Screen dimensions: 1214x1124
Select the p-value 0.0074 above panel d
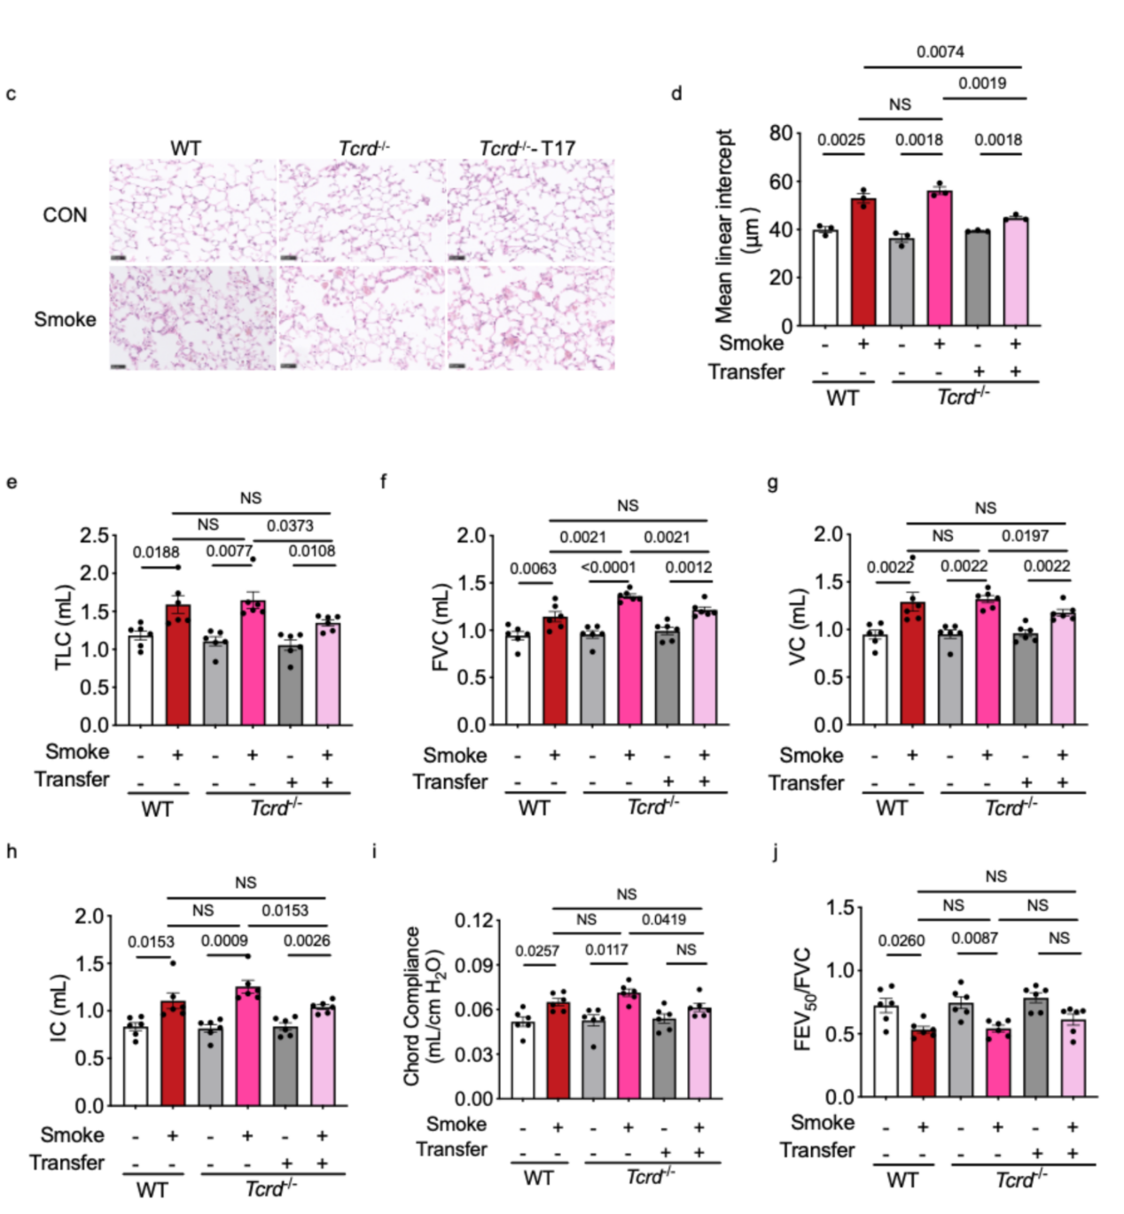[x=940, y=51]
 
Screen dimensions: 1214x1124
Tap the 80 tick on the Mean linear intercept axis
[x=781, y=133]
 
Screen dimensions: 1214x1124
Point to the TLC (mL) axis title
[x=63, y=627]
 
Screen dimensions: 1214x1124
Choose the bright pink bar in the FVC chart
[x=630, y=661]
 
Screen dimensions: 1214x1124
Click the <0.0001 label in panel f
[x=608, y=567]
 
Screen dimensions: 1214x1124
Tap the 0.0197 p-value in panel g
[x=1025, y=535]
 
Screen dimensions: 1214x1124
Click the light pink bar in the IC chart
[x=323, y=1055]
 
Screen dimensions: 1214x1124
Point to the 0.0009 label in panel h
[x=224, y=940]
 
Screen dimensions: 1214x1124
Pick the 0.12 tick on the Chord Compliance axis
[x=473, y=921]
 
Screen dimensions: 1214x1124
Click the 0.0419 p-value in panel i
[x=664, y=919]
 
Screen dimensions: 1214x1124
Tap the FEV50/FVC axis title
[x=803, y=1000]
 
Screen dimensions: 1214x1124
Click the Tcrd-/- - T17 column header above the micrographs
[x=527, y=148]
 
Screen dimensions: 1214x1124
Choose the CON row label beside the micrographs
[x=65, y=215]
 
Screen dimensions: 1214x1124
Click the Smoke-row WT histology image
[x=193, y=318]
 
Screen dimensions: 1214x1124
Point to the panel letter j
[x=777, y=852]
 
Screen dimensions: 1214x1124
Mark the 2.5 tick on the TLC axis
[x=95, y=535]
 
